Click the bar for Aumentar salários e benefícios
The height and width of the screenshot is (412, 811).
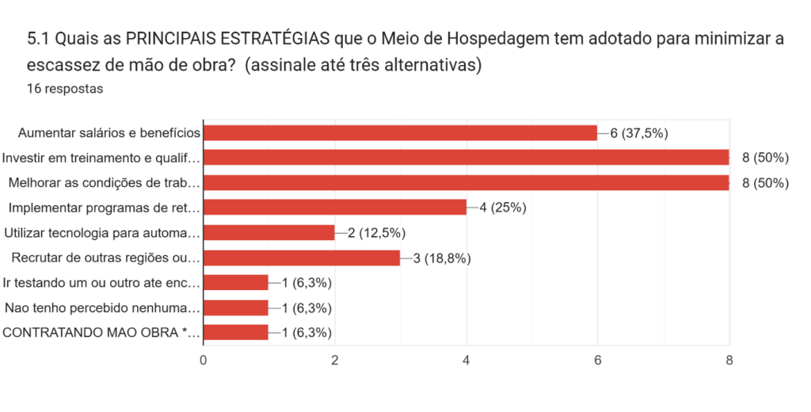[400, 132]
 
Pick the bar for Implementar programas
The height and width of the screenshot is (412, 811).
[335, 208]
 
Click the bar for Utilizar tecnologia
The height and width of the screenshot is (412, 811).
[269, 232]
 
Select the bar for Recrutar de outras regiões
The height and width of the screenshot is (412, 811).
[302, 257]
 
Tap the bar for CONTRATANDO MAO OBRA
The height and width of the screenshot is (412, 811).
[236, 332]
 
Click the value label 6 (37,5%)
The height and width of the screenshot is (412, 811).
[639, 132]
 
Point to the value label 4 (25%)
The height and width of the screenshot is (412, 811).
[503, 208]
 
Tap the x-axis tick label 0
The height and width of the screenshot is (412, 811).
[204, 360]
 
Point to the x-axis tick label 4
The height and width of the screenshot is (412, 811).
[466, 360]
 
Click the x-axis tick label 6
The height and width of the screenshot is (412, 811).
[598, 360]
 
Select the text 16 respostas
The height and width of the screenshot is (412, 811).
[65, 89]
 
